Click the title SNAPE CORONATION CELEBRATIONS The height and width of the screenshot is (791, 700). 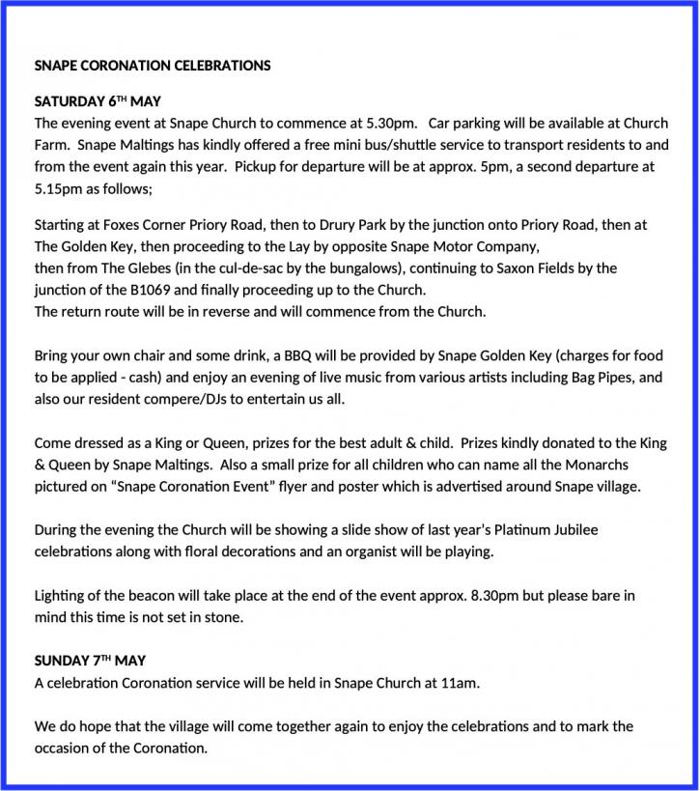pyautogui.click(x=153, y=67)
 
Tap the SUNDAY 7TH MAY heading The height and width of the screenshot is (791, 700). pyautogui.click(x=90, y=662)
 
